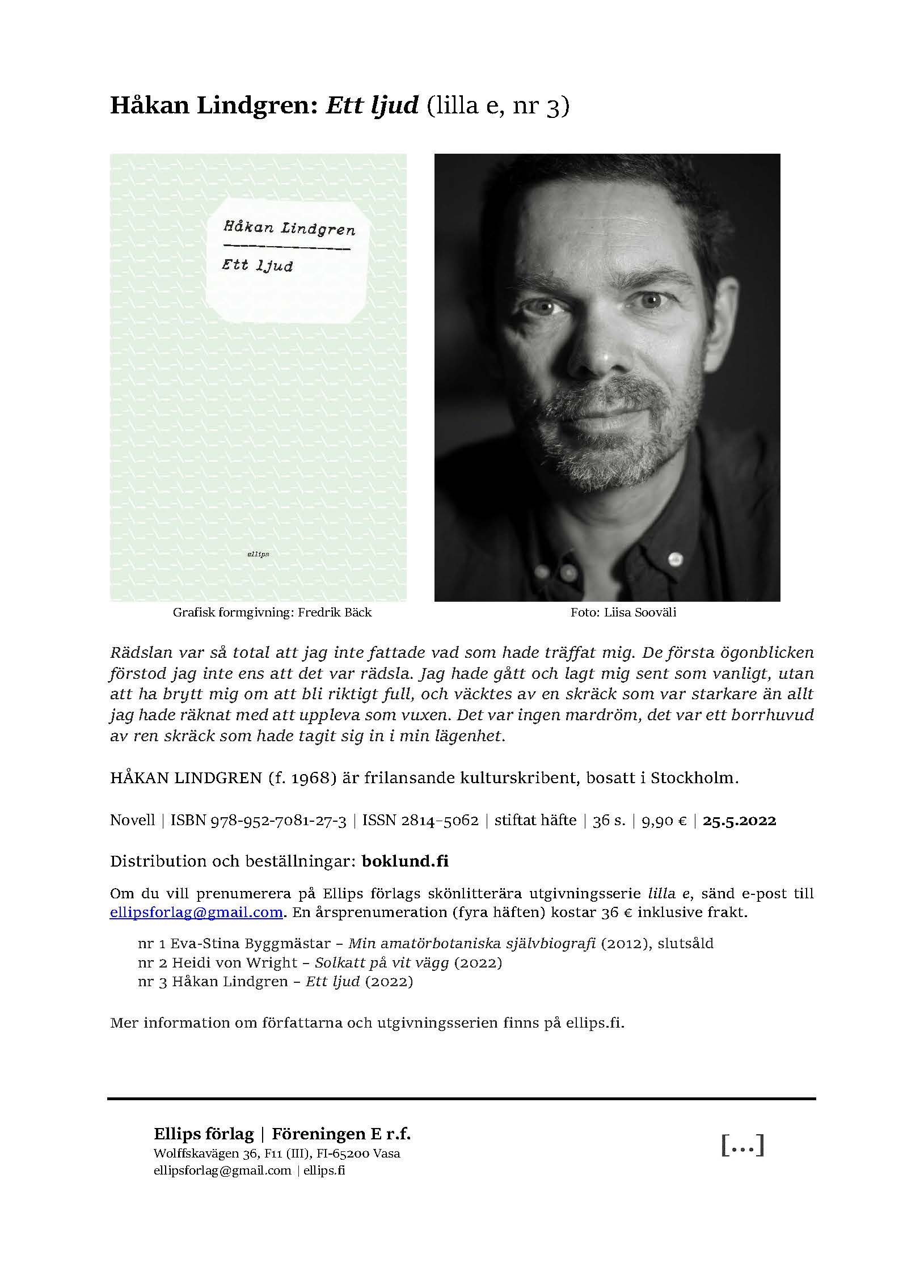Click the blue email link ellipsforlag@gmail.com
[x=196, y=913]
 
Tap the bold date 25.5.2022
[x=739, y=821]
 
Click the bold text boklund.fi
[x=404, y=861]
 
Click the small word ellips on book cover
[x=258, y=554]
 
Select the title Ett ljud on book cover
[x=258, y=265]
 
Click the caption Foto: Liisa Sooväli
[x=623, y=612]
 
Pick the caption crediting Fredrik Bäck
[x=272, y=612]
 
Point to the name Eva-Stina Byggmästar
[x=250, y=944]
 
